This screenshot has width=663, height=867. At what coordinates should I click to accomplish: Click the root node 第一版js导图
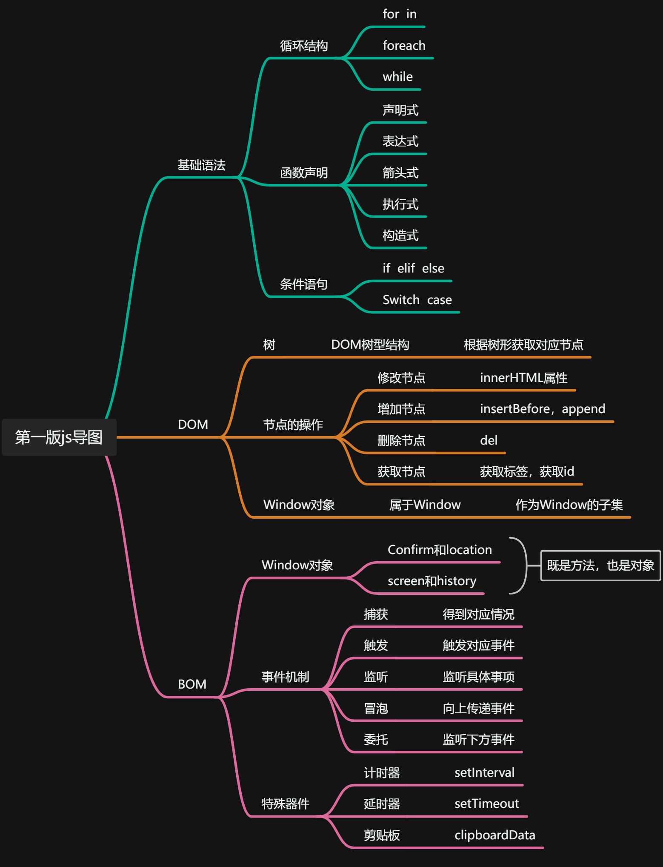(59, 437)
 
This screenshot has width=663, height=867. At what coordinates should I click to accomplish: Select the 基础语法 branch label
(201, 165)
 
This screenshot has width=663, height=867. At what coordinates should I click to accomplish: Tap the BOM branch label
(192, 684)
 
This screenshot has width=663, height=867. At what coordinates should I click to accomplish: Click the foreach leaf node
(404, 46)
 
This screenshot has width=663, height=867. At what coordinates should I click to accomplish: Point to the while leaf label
(397, 77)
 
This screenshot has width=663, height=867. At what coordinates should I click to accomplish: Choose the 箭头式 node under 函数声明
(400, 173)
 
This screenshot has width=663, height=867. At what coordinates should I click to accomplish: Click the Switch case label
(417, 300)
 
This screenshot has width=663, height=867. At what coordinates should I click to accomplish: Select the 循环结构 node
(304, 46)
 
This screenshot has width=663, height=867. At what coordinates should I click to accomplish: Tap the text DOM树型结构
(370, 345)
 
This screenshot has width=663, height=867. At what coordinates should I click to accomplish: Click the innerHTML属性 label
(523, 378)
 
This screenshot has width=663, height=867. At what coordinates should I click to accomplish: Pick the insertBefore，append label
(543, 409)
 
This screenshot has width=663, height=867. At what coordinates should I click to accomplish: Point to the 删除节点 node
(401, 440)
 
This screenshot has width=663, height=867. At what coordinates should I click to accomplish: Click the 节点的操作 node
(293, 425)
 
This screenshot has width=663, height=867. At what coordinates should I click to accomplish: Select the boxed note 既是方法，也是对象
(600, 566)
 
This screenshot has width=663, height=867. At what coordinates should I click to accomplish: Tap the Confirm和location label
(440, 550)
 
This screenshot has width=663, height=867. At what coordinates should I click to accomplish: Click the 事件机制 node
(285, 677)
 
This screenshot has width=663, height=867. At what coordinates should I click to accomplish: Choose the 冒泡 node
(376, 708)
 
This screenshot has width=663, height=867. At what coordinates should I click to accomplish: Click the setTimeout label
(486, 804)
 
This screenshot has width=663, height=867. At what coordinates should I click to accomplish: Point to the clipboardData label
(494, 835)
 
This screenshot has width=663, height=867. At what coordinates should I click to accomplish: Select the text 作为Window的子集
(569, 505)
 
